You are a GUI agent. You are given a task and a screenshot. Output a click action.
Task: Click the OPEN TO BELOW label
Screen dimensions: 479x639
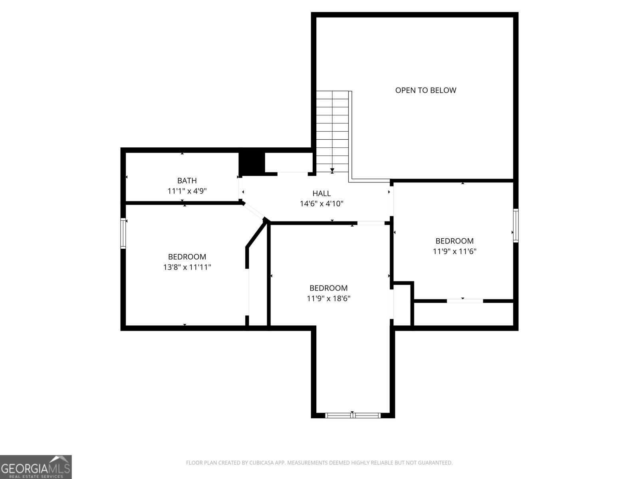425,90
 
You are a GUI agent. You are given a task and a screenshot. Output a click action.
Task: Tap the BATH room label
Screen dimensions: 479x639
187,181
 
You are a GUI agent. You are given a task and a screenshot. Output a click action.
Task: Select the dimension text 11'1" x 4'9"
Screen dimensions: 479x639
187,191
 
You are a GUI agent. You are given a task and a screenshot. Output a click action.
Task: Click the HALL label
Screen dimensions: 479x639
321,194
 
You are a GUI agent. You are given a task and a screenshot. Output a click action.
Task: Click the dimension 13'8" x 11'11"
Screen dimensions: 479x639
187,267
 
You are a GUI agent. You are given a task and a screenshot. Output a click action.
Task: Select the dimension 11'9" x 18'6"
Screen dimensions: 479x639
328,298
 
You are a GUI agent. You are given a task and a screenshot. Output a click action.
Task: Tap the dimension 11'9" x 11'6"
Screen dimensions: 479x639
454,251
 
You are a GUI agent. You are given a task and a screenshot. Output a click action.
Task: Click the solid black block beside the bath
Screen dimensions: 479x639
252,163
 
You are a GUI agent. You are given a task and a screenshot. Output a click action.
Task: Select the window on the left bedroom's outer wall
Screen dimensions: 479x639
123,233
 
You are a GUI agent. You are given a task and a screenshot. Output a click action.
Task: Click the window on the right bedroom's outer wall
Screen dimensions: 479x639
516,226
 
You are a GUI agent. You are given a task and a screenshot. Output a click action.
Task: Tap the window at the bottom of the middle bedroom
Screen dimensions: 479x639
352,416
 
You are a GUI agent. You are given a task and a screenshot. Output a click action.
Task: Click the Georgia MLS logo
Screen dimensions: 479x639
36,467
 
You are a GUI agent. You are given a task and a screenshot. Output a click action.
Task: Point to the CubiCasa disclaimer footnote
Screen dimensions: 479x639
319,463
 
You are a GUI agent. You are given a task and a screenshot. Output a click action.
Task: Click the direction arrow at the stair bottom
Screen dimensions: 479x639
332,170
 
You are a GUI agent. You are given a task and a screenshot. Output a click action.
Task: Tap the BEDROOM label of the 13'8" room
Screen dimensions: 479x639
187,257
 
